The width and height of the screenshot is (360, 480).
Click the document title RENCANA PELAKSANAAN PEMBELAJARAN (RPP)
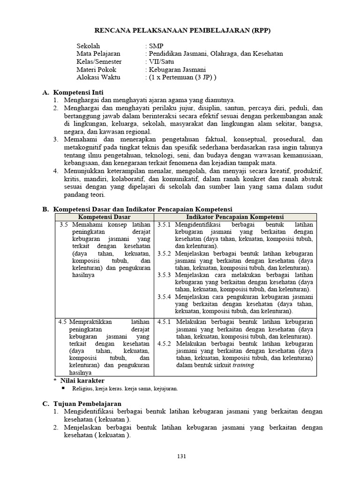pos(183,30)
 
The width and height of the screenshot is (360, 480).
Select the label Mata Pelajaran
pos(98,54)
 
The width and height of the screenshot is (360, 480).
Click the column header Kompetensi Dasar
pos(104,217)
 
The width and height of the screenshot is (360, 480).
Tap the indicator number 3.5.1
pos(165,225)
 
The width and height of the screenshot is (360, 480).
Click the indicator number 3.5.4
pos(165,297)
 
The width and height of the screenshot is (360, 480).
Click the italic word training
pos(244,365)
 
